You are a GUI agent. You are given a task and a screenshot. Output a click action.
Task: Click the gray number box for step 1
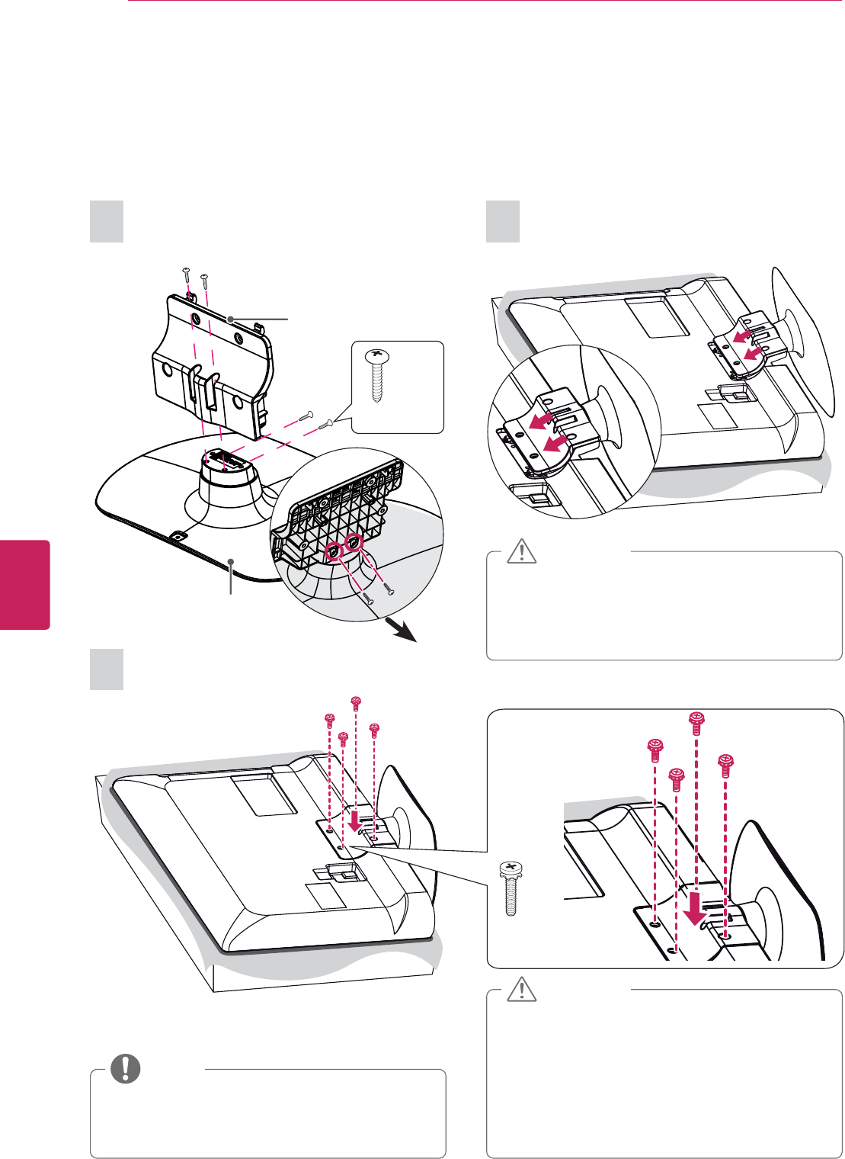click(x=107, y=222)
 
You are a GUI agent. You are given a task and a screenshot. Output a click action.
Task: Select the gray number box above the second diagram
click(x=503, y=222)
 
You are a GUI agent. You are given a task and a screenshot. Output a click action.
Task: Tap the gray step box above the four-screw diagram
click(x=107, y=669)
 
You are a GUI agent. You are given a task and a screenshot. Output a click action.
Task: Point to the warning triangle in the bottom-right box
click(x=522, y=989)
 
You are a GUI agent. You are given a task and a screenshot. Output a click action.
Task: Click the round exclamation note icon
click(x=126, y=1069)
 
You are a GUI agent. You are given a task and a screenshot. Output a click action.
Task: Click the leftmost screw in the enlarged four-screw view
click(x=654, y=750)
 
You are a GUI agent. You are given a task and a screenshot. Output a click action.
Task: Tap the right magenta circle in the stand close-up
click(x=354, y=542)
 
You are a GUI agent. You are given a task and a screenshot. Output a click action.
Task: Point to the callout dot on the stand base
click(x=231, y=562)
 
